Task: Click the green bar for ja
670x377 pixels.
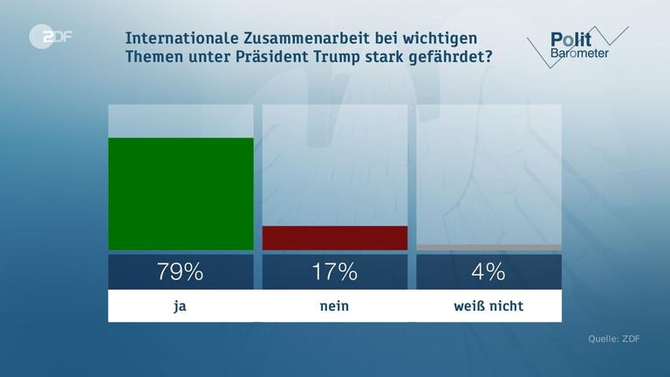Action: pos(181,194)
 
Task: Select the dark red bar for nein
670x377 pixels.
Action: pos(335,238)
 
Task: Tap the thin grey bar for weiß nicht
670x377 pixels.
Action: pos(489,248)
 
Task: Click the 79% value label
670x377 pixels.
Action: pos(181,271)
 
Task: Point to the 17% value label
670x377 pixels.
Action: pos(335,271)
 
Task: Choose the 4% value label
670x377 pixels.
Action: pos(489,271)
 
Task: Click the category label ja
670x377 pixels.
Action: pos(181,305)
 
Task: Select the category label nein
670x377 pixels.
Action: pos(335,305)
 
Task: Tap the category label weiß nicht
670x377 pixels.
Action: pos(489,305)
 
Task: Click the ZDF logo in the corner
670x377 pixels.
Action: pos(51,38)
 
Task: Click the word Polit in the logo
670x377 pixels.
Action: pos(571,39)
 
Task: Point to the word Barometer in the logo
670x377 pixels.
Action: pos(579,54)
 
